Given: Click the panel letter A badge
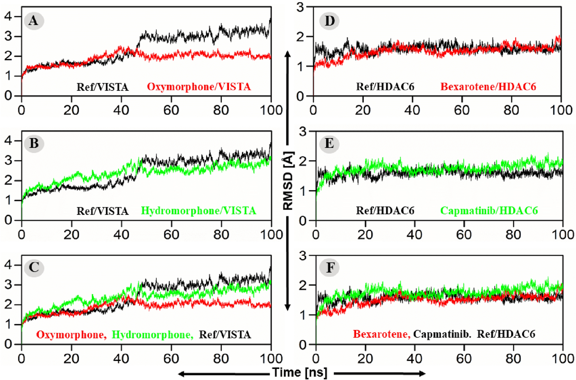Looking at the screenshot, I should tap(34, 21).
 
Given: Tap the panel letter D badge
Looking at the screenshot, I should tap(329, 21).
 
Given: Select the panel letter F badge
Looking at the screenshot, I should tap(330, 268).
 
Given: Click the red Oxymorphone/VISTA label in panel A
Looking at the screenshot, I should tap(199, 87).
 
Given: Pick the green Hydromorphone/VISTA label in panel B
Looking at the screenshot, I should tap(198, 211).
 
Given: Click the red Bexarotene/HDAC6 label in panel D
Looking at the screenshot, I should tap(488, 87).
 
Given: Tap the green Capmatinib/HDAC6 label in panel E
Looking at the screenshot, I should tap(489, 211).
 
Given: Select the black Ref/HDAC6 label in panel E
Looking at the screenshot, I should tap(385, 211).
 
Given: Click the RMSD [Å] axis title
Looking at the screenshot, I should tap(288, 181).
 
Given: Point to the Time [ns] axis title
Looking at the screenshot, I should tap(299, 372).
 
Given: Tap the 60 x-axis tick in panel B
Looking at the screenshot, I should tap(171, 234).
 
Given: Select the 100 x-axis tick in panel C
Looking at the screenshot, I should tap(271, 358).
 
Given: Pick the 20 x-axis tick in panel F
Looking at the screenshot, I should tap(365, 358).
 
